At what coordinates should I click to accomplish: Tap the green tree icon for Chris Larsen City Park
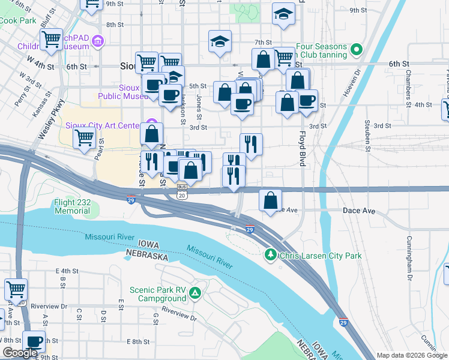point(271,256)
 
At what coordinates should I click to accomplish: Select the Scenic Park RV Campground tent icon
point(195,293)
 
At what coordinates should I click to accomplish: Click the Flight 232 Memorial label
point(72,206)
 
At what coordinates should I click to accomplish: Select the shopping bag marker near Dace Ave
point(271,199)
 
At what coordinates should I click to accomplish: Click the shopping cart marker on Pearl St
point(84,138)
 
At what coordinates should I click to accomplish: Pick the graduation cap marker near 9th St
point(283,14)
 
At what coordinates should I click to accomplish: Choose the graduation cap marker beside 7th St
point(220,42)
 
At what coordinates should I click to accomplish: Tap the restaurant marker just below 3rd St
point(251,144)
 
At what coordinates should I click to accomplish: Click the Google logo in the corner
point(20,353)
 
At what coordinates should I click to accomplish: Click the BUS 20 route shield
point(182,193)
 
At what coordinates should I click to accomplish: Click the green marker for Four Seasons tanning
point(357,49)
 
